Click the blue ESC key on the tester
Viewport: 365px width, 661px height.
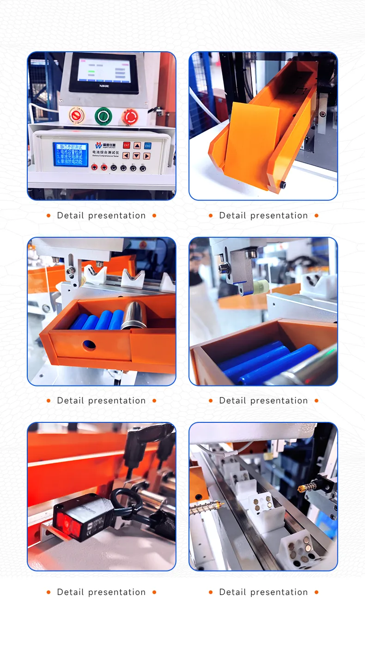coord(147,145)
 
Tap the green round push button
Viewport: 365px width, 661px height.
coord(103,115)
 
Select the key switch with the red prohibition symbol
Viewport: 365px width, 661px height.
coord(76,115)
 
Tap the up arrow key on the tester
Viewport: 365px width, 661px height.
coord(137,145)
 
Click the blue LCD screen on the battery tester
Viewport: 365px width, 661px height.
coord(70,154)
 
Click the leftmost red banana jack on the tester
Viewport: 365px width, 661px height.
coord(95,168)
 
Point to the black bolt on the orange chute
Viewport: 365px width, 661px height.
coord(282,185)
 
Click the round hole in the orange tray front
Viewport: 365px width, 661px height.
coord(89,344)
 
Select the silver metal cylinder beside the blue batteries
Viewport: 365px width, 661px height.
coord(134,315)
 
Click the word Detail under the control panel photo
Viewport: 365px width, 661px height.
coord(70,216)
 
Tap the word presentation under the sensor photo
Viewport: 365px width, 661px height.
coord(117,592)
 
